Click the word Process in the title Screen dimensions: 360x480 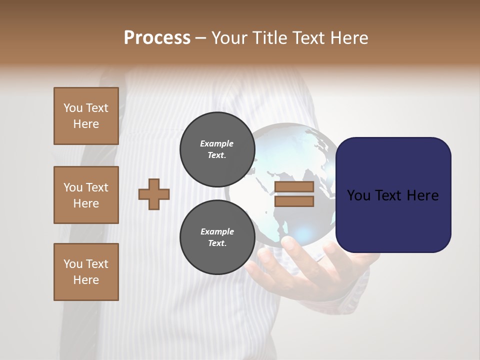point(157,37)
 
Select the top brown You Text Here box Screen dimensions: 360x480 point(86,116)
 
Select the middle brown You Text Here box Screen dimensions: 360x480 point(86,195)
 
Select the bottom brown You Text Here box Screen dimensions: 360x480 point(86,271)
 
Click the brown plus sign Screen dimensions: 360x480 point(154,194)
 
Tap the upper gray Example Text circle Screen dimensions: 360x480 point(217,149)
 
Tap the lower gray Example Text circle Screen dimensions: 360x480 point(217,237)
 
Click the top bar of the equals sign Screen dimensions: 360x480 point(294,187)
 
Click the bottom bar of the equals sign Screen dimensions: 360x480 point(294,201)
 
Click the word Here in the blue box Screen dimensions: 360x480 point(422,195)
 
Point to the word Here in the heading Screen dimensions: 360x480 point(348,38)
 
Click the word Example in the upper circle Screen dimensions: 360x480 point(217,143)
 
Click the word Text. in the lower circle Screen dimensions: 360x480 point(217,243)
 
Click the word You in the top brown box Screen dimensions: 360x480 point(72,108)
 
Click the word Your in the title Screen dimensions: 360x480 point(230,38)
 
